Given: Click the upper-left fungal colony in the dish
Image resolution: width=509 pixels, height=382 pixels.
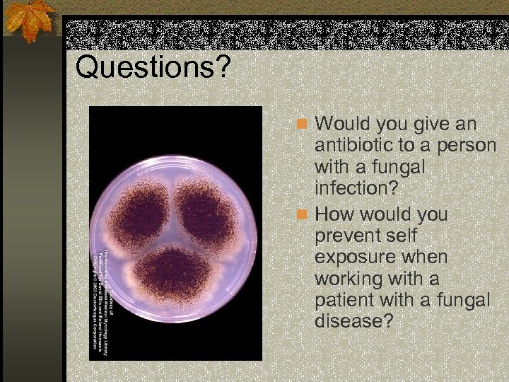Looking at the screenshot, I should tap(141, 212).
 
